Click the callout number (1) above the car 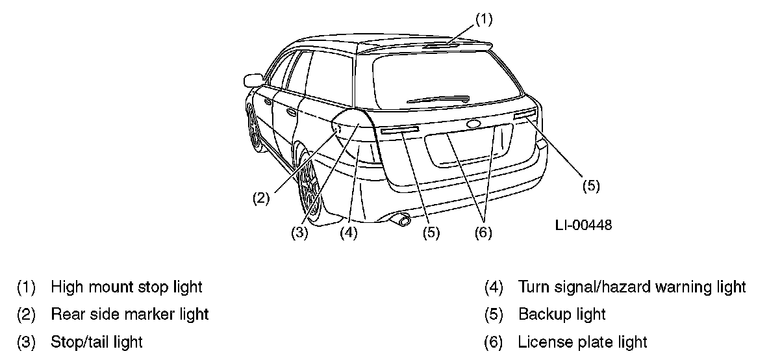click(483, 19)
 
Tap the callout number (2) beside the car click(261, 199)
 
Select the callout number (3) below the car click(299, 233)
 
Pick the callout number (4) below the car click(349, 233)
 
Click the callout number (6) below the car click(483, 233)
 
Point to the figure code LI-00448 click(583, 225)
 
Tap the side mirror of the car click(250, 81)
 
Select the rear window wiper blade click(438, 99)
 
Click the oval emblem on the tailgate click(472, 123)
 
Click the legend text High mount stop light click(127, 287)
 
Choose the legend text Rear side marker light click(130, 315)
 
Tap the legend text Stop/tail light click(97, 342)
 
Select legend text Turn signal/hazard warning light click(632, 287)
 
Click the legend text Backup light click(562, 315)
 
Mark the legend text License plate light click(583, 342)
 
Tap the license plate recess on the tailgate click(466, 149)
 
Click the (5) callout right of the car click(590, 185)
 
